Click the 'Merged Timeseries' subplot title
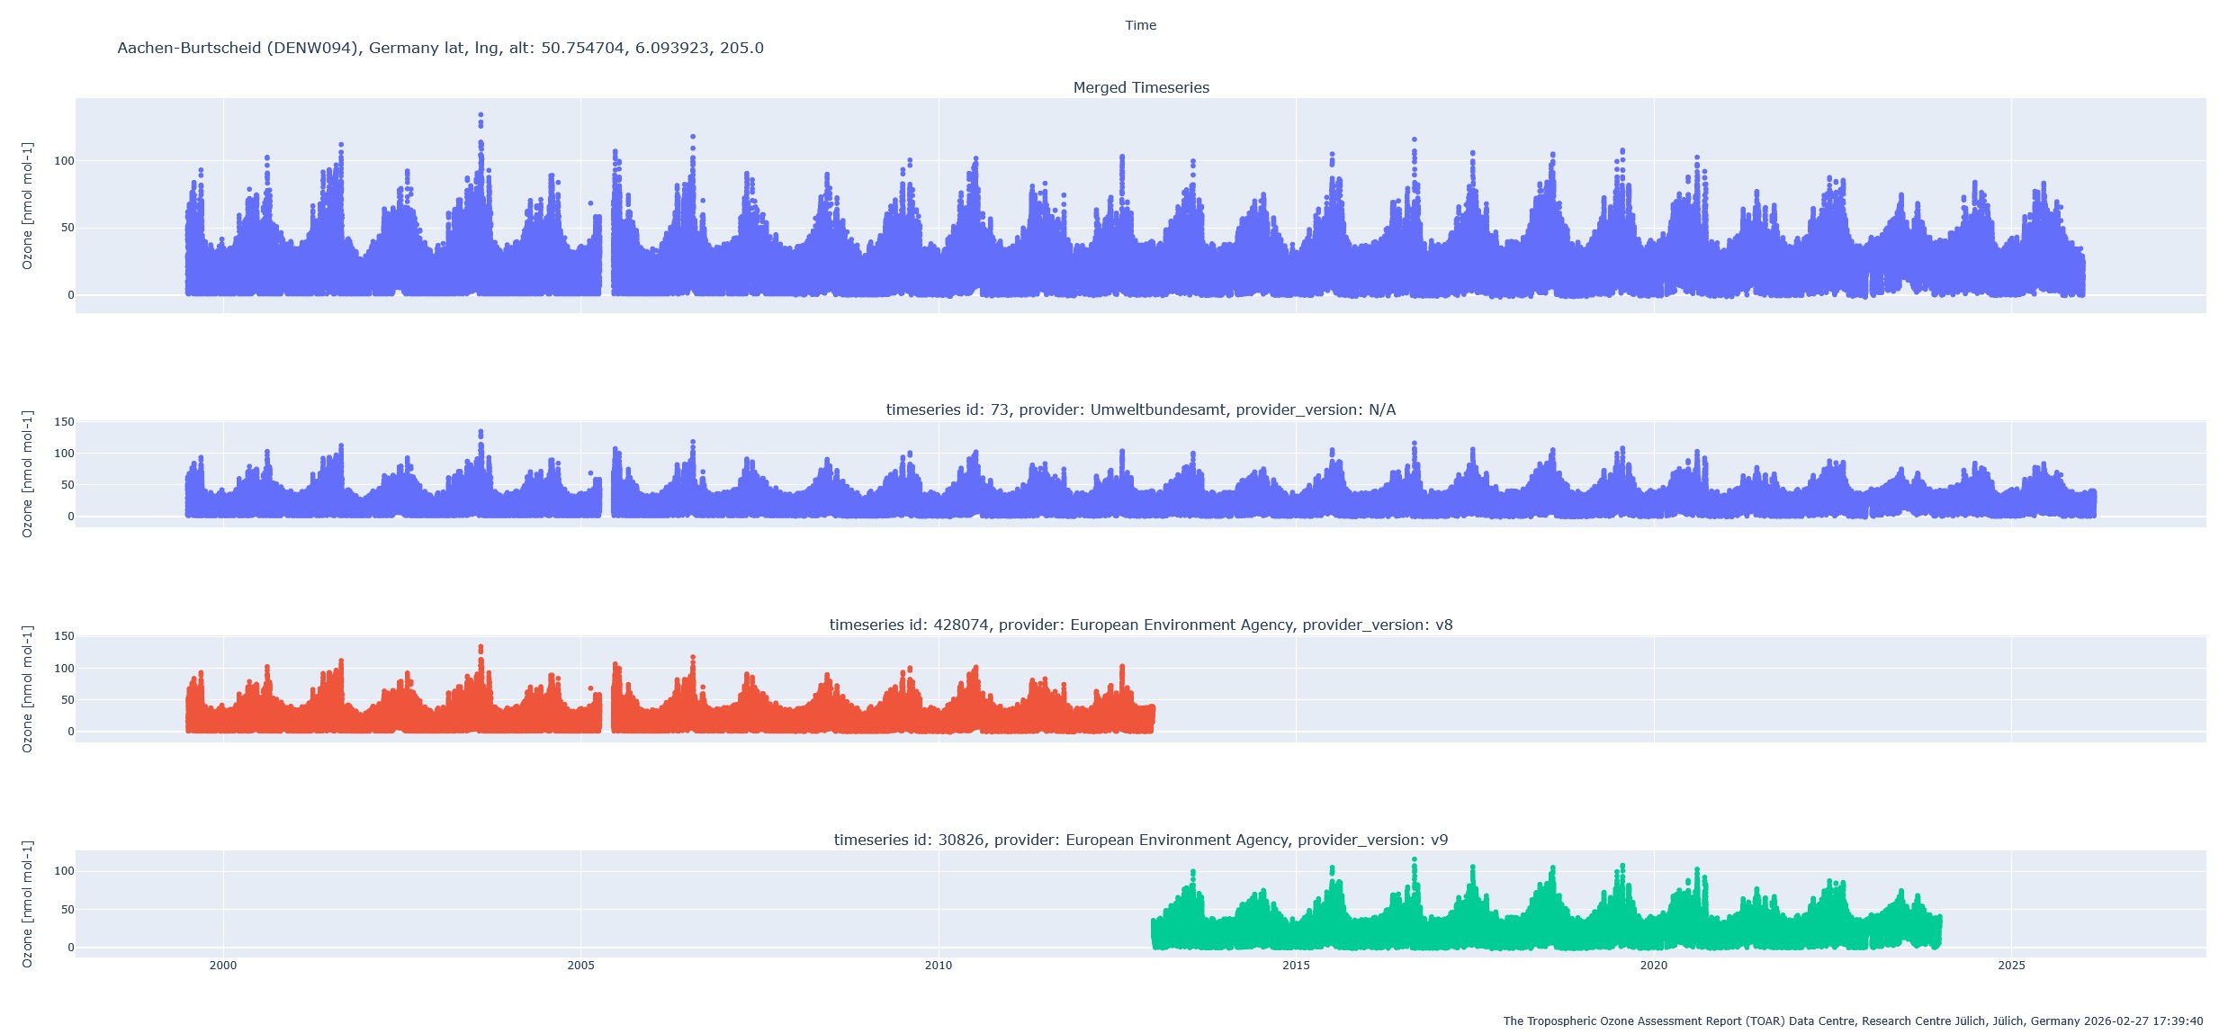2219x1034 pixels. (1140, 87)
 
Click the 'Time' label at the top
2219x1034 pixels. (1140, 25)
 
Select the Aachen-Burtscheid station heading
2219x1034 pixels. (440, 48)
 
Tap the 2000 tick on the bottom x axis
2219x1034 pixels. (223, 966)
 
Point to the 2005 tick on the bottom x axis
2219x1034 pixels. (580, 966)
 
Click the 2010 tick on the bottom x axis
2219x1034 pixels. (938, 966)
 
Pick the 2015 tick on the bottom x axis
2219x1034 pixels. (1296, 966)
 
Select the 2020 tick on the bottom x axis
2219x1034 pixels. (1653, 966)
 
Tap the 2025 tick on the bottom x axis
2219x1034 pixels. (2011, 966)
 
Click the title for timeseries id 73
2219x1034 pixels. (1140, 409)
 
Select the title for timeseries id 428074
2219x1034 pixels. (1140, 625)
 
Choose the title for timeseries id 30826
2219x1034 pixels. (1140, 840)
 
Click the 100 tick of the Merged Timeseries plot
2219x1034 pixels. (64, 161)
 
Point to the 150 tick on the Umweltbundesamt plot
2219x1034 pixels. (64, 422)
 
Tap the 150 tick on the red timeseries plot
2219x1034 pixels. (64, 636)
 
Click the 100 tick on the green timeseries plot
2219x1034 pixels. (64, 871)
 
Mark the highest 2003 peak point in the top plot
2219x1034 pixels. (481, 115)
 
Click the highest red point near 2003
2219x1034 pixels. (481, 647)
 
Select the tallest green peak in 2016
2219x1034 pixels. (1414, 859)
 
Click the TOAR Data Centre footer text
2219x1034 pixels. (1852, 1021)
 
